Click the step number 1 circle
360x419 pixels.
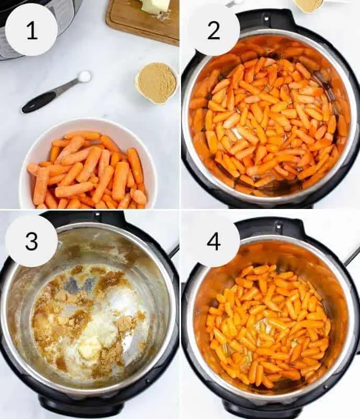[x=31, y=30]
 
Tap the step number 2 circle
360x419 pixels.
[x=213, y=30]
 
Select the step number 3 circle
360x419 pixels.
[x=31, y=241]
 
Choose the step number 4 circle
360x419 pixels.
[x=213, y=241]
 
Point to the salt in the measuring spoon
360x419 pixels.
[x=84, y=76]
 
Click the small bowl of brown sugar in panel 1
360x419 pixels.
[x=156, y=82]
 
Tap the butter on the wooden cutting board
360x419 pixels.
[x=155, y=6]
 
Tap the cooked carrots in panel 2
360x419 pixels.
[x=269, y=120]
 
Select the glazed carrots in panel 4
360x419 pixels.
[x=268, y=325]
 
